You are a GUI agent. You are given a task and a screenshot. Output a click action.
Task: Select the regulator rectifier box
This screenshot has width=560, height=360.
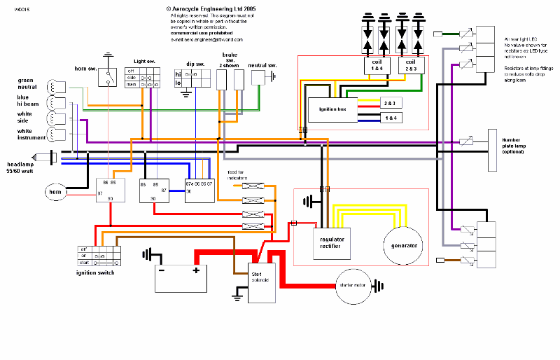[x=332, y=241]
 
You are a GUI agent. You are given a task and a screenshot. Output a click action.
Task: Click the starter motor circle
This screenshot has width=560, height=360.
[x=354, y=286]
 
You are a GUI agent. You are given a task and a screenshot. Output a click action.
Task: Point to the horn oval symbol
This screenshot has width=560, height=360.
[x=55, y=191]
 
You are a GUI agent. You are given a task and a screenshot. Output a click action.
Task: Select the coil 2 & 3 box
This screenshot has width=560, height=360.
[x=410, y=66]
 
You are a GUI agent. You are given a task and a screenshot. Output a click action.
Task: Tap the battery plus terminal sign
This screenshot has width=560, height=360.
[x=196, y=270]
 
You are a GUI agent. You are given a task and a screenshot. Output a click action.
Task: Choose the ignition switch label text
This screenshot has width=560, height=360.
[x=95, y=272]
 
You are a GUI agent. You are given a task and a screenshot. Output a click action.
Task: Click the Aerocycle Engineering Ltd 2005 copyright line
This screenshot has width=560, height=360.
[x=202, y=8]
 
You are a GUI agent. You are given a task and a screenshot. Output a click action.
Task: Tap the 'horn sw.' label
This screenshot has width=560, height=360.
[x=86, y=68]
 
